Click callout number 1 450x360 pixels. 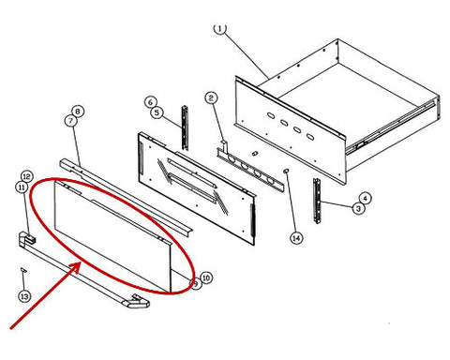pyautogui.click(x=220, y=29)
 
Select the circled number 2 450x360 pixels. pyautogui.click(x=211, y=98)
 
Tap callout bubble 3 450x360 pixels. pyautogui.click(x=358, y=208)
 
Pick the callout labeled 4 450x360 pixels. pyautogui.click(x=365, y=198)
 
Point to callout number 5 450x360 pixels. pyautogui.click(x=157, y=112)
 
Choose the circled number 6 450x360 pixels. pyautogui.click(x=151, y=102)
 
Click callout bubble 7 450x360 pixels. pyautogui.click(x=71, y=121)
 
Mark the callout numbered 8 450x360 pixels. pyautogui.click(x=78, y=112)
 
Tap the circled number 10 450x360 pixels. pyautogui.click(x=206, y=277)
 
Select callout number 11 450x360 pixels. pyautogui.click(x=22, y=187)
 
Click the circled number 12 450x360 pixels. pyautogui.click(x=27, y=177)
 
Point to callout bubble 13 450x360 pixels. pyautogui.click(x=24, y=296)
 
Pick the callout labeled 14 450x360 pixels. pyautogui.click(x=296, y=238)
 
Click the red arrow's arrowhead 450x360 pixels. pyautogui.click(x=77, y=266)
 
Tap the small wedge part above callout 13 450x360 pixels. pyautogui.click(x=23, y=270)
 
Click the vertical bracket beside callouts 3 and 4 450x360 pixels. pyautogui.click(x=317, y=201)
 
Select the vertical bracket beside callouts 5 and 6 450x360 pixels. pyautogui.click(x=185, y=128)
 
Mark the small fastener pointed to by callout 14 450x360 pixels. pyautogui.click(x=286, y=171)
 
